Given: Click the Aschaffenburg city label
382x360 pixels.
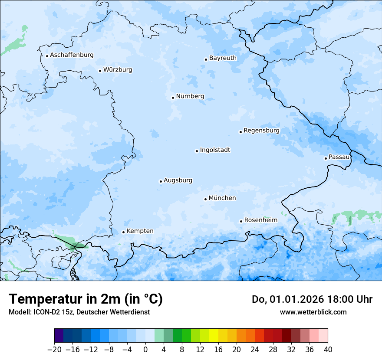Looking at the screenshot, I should point(72,55).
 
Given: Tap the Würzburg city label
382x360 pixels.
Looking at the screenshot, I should point(118,70).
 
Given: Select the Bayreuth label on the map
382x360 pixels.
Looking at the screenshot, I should point(223,58).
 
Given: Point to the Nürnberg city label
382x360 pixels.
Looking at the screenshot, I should point(190,96).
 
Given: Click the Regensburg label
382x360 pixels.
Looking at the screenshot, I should point(261,131).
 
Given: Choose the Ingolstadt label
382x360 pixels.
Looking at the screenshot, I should point(215,150).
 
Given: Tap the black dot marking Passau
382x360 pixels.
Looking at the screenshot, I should point(326,158).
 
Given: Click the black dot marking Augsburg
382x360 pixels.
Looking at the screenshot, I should point(161,181).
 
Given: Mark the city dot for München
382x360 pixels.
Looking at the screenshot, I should point(205,199).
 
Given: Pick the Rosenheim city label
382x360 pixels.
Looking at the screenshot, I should point(260,220).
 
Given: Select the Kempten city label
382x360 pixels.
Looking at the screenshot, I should point(140,231).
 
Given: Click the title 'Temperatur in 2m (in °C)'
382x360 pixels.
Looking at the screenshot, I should point(86,299).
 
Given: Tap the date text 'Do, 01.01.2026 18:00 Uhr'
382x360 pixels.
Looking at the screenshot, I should point(312,299).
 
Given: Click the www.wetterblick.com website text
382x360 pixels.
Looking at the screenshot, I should point(313,312).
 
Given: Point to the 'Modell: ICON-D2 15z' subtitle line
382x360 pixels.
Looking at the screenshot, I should point(79,312).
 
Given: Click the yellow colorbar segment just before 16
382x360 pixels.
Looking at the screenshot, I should point(214,336).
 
